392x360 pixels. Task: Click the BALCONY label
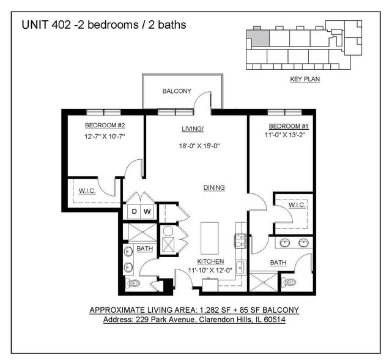click(177, 91)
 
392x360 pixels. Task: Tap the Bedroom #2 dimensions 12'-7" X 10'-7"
click(105, 137)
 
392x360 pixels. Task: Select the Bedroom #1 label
click(289, 126)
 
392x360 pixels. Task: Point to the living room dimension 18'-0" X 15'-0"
click(199, 146)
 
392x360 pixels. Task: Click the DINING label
click(214, 187)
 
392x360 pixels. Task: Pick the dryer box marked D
click(135, 212)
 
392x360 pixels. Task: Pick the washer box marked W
click(147, 212)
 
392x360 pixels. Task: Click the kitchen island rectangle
click(210, 238)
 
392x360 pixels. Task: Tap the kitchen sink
click(241, 268)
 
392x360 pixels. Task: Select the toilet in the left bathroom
click(133, 283)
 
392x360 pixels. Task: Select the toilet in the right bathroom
click(289, 282)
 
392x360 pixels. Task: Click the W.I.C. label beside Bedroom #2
click(87, 191)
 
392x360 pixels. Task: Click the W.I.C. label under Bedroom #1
click(297, 205)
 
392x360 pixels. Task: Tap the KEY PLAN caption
click(305, 79)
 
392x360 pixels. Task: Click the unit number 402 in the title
click(61, 24)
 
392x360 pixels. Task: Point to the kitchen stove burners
click(240, 241)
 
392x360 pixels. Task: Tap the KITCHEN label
click(210, 261)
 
